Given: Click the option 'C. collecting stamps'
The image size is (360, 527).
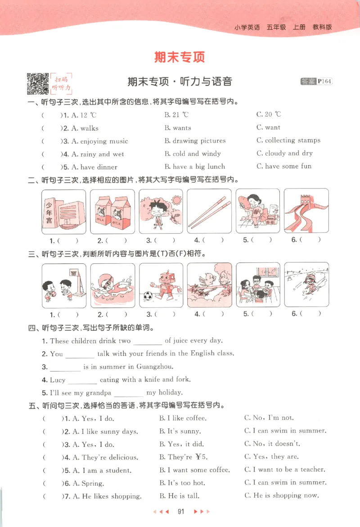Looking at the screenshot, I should coord(288,140).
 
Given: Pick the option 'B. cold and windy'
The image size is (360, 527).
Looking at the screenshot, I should coord(193,153).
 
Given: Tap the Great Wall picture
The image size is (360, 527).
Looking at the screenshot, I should coord(306,211).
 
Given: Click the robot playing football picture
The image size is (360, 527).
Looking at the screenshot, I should coord(161,285).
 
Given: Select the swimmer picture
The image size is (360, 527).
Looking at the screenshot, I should coord(112,285).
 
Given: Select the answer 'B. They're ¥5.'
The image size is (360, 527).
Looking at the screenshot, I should coord(182,457).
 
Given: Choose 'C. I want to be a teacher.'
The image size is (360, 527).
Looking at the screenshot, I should coord(284,470).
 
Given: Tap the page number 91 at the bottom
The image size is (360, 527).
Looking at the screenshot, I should coord(182,511).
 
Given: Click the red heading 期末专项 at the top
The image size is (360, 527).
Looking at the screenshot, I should coord(180,57).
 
